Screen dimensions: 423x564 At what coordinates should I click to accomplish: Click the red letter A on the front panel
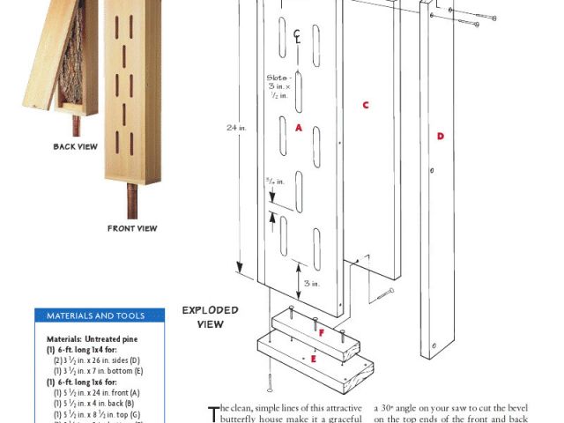(299, 128)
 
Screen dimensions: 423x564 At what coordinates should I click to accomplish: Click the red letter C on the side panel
(364, 105)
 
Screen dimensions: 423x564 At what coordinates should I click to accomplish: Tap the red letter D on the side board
(440, 136)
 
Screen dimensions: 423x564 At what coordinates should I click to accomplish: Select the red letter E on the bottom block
(315, 360)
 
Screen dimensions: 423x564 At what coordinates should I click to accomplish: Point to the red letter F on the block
(321, 333)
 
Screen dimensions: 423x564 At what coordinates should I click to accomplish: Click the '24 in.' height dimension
(235, 127)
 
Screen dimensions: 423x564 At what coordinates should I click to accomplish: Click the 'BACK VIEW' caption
(75, 147)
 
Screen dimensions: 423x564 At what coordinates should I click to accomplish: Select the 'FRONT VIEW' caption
(132, 229)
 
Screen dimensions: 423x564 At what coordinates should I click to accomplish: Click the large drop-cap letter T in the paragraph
(211, 413)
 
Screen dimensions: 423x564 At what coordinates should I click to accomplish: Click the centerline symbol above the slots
(299, 34)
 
